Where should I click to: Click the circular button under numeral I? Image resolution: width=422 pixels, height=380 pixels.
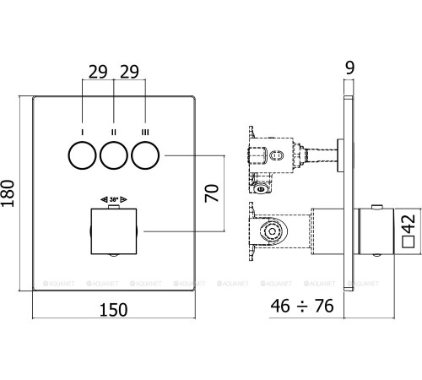83,156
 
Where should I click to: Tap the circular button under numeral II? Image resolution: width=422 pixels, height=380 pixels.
114,156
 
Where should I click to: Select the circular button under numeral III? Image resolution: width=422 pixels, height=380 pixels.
145,156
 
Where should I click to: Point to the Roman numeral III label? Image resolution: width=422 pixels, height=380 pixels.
145,132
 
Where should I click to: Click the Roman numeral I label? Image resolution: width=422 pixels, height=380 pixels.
83,132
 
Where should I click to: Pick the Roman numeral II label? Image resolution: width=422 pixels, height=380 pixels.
114,132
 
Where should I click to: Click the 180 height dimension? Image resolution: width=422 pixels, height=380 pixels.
10,194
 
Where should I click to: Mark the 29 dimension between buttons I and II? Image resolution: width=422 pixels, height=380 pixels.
97,72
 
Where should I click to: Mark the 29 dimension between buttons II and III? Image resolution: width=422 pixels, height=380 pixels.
129,72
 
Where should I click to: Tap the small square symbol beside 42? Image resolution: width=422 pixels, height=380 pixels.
408,242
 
